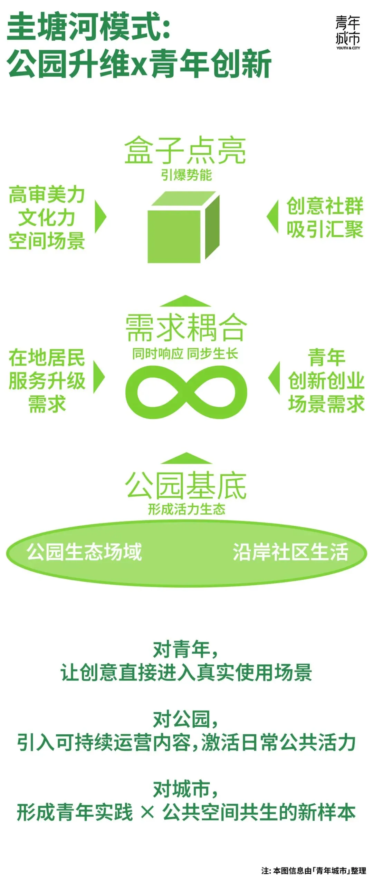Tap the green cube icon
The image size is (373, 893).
point(183,228)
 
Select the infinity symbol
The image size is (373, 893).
point(186,392)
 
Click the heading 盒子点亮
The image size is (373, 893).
point(185,150)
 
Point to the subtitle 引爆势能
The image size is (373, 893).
point(186,175)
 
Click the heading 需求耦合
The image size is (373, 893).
point(186,328)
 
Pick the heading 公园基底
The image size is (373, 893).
point(186,486)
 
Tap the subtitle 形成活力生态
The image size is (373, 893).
point(186,509)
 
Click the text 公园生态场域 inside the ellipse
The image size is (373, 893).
point(84,552)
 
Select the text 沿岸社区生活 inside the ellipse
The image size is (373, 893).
point(290,552)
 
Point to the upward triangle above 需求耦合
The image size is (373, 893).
point(185,301)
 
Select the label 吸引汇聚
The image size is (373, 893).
point(325,229)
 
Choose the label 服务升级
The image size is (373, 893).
point(47,381)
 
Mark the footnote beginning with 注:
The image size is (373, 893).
point(314,871)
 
